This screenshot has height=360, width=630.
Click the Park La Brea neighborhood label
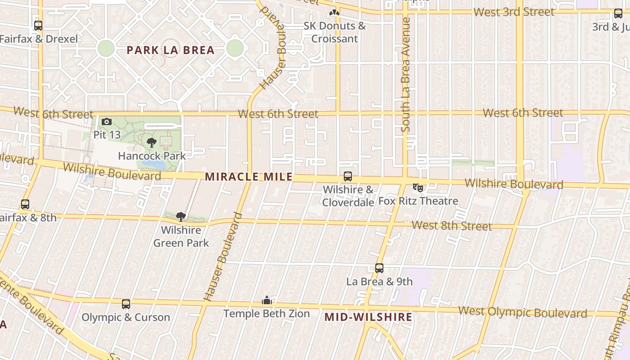click(x=171, y=50)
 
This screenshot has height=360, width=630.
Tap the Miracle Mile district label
click(x=248, y=177)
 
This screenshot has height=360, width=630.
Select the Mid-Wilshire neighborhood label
click(x=368, y=317)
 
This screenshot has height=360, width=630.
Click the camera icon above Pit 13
click(x=107, y=122)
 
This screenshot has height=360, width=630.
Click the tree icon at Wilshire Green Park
click(x=181, y=217)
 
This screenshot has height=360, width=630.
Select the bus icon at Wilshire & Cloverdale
click(x=348, y=176)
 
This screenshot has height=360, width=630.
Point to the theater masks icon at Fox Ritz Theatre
click(x=418, y=187)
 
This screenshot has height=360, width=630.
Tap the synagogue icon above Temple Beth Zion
click(x=267, y=300)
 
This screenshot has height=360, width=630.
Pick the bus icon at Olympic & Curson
click(x=126, y=304)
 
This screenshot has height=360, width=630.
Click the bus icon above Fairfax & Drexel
click(x=38, y=26)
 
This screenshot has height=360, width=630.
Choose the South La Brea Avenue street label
click(x=406, y=75)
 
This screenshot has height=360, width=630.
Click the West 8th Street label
click(x=451, y=225)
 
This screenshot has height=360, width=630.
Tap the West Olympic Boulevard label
click(x=522, y=312)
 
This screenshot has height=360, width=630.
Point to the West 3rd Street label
click(x=514, y=12)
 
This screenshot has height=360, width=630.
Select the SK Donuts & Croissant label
click(x=334, y=32)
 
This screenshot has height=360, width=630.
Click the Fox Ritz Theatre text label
click(x=418, y=201)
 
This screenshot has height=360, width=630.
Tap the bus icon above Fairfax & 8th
click(x=25, y=204)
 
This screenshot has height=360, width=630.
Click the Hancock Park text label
click(x=152, y=156)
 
